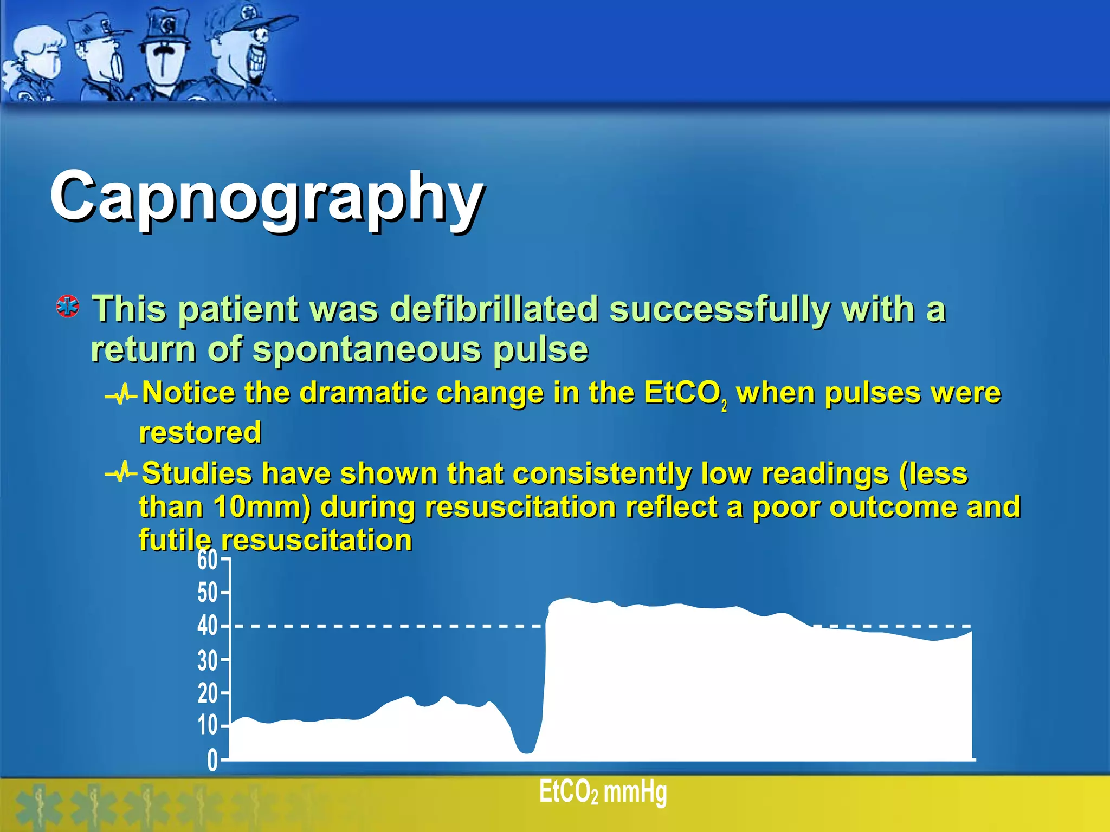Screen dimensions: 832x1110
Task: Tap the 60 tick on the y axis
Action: pos(207,560)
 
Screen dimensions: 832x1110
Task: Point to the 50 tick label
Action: pos(207,593)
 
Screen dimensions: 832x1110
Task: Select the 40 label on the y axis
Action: pos(207,626)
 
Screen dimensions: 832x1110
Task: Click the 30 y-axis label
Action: pos(207,660)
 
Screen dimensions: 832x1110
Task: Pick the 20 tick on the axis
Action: pos(207,693)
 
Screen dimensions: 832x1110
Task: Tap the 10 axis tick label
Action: pos(207,725)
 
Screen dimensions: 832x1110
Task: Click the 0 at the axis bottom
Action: pos(212,760)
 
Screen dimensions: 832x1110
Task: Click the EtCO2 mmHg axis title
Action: pos(603,792)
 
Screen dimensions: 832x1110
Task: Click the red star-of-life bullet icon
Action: pos(68,307)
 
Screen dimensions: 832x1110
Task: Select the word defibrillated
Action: pos(494,309)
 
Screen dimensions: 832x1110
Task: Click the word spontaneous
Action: pos(366,349)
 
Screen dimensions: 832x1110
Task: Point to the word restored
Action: pos(200,433)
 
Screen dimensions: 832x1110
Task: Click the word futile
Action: pos(174,540)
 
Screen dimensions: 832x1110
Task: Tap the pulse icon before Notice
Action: pos(121,394)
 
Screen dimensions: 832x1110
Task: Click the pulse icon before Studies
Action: pos(121,473)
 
